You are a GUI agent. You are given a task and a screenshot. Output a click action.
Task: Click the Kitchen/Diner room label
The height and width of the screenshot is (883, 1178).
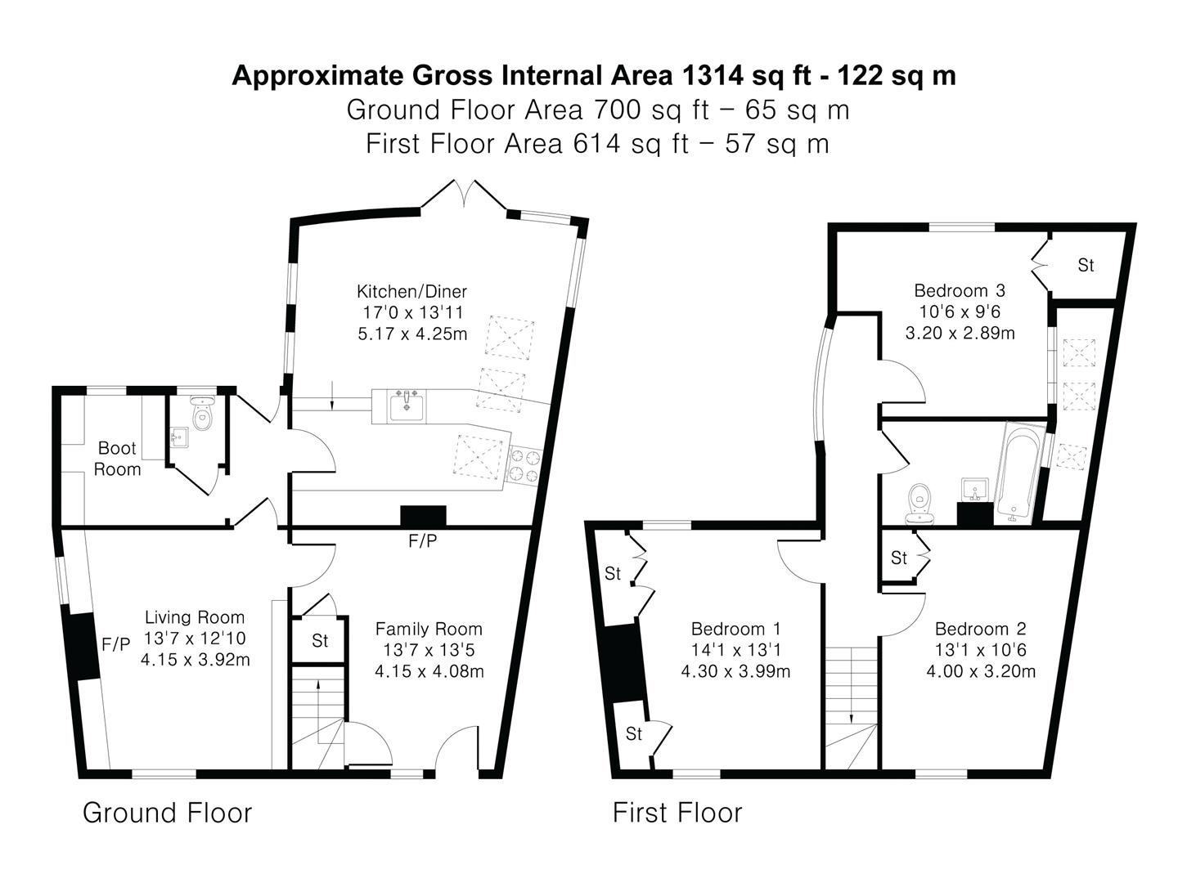(x=411, y=292)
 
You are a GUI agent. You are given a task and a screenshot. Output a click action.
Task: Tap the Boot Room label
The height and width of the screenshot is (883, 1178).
(x=117, y=459)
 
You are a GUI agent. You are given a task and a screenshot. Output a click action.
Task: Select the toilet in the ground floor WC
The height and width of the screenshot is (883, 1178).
(x=202, y=413)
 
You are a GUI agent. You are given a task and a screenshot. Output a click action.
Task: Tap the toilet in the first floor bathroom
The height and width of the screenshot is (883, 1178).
(x=920, y=504)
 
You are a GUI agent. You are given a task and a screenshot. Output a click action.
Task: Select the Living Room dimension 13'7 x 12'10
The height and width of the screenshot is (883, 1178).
(x=195, y=638)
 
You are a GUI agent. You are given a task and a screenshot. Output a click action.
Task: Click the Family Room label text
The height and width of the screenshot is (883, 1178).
(x=429, y=629)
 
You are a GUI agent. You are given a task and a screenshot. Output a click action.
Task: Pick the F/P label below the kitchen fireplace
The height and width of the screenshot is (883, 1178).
(x=422, y=541)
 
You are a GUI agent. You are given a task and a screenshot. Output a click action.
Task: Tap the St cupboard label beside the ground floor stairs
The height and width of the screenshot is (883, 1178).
(x=320, y=640)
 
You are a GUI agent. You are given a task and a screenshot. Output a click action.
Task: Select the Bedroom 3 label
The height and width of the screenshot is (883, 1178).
(x=960, y=290)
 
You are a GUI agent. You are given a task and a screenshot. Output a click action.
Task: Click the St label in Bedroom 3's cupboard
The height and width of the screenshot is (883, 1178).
(x=1086, y=265)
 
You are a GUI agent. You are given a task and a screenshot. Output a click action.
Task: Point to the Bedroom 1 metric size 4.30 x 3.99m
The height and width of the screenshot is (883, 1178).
(x=735, y=671)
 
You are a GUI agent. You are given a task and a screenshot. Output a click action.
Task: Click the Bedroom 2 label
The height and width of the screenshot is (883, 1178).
(x=981, y=629)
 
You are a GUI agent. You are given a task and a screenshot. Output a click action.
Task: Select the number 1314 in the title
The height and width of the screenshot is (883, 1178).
(x=712, y=75)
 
